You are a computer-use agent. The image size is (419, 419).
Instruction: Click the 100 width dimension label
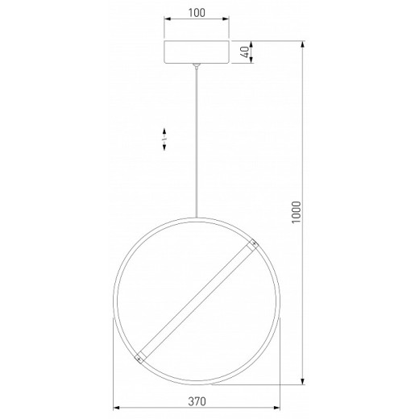point(196,14)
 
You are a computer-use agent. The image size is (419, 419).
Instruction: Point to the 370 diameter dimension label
point(196,400)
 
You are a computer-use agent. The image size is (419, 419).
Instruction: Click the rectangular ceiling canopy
point(196,52)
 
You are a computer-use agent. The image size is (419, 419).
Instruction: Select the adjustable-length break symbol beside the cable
point(164,139)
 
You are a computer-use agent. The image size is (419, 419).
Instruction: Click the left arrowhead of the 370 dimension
point(116,408)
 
